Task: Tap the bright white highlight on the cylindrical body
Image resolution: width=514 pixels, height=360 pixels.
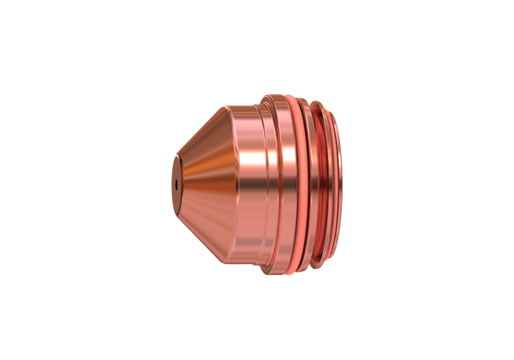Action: click(254, 163)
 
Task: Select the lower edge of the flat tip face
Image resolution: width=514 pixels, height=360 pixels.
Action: click(177, 211)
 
